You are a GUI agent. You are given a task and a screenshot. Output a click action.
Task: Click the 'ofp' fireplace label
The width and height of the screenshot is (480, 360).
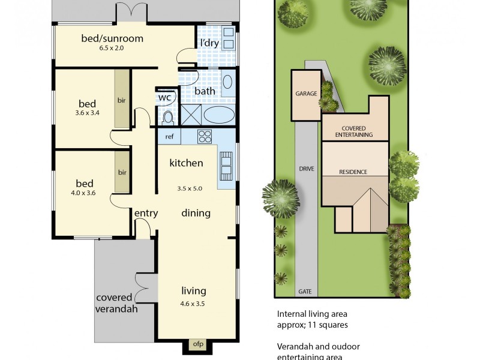tap(197, 344)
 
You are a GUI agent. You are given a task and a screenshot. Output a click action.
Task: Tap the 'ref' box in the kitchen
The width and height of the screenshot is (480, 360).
tap(169, 137)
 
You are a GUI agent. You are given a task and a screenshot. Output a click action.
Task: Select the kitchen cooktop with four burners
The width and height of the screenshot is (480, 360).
tap(205, 136)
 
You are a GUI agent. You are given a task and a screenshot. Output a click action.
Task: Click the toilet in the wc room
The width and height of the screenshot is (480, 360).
tap(167, 115)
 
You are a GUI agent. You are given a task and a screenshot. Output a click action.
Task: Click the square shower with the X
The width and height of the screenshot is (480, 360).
tap(191, 114)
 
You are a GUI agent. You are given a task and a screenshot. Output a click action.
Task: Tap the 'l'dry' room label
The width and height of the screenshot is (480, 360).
tap(209, 43)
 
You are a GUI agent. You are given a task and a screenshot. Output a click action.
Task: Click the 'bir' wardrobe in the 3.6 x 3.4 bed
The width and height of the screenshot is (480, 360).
tap(122, 100)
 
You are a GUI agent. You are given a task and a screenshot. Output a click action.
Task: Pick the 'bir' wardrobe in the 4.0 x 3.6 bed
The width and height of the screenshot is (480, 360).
tap(122, 172)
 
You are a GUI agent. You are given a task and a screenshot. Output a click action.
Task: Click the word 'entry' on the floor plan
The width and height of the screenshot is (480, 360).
tap(146, 213)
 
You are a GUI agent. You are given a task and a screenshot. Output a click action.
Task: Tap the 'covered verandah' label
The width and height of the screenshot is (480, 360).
tap(117, 304)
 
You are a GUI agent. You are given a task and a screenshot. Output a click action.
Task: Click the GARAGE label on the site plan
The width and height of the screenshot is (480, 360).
tap(305, 94)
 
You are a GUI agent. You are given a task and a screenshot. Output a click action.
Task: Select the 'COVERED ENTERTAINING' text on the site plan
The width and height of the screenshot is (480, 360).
tap(357, 131)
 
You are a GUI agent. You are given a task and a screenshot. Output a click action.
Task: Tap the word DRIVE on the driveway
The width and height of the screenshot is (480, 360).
tap(306, 169)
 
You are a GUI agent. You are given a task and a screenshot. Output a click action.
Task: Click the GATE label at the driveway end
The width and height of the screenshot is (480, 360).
tap(305, 292)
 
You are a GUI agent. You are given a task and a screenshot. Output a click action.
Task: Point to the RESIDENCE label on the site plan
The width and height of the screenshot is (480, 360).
tap(353, 172)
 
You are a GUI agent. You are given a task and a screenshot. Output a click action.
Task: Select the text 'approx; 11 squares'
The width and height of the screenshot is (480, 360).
tap(312, 325)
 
